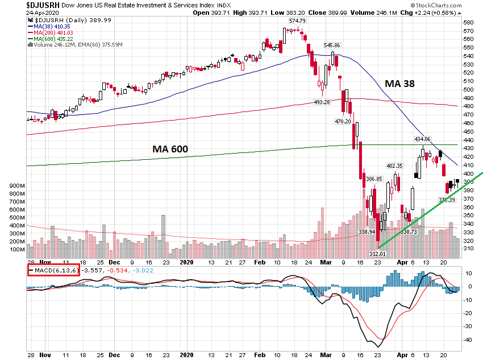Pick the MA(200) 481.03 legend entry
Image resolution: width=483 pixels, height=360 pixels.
click(52, 32)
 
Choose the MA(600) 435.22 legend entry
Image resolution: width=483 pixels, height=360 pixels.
click(52, 38)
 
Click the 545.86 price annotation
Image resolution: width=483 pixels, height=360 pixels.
click(332, 45)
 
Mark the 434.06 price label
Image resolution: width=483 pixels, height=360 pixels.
click(423, 139)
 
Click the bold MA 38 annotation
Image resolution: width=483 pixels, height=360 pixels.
click(399, 83)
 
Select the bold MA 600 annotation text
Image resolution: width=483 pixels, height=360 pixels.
click(170, 149)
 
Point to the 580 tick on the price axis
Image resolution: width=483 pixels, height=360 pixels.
click(468, 22)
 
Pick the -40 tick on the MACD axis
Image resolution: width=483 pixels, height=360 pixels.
click(469, 340)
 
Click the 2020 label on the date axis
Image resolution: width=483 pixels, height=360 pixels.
click(187, 263)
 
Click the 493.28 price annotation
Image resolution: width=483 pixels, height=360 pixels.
click(322, 102)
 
